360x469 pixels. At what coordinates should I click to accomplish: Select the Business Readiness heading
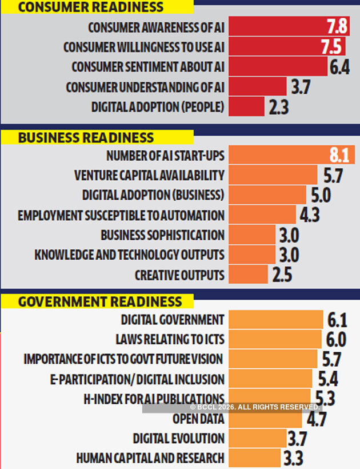86,137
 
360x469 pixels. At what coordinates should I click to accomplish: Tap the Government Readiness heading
100,301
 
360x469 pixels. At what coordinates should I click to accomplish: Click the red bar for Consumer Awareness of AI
274,27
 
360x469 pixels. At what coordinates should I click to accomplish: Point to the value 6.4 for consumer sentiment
339,67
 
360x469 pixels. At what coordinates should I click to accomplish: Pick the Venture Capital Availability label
149,175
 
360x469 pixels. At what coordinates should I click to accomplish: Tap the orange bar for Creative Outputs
247,275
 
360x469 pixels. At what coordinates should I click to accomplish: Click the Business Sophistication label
162,235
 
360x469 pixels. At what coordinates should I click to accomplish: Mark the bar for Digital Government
275,320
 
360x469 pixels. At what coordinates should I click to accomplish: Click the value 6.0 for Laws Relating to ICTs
336,340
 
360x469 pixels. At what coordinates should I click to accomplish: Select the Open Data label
198,419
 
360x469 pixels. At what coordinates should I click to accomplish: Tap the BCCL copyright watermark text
254,407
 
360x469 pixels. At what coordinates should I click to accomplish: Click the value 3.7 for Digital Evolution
298,439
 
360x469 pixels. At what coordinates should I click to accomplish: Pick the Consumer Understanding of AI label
145,87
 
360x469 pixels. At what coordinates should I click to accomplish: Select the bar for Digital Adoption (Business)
267,195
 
